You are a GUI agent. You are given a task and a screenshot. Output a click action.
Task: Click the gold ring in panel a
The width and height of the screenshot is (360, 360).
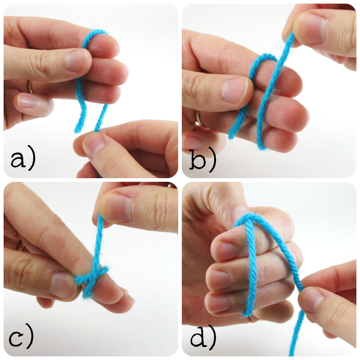(30, 86)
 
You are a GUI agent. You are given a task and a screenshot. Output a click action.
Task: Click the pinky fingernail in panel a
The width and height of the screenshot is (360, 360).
(26, 101)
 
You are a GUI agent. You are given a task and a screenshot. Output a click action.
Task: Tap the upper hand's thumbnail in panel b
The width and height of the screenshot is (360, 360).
(310, 28)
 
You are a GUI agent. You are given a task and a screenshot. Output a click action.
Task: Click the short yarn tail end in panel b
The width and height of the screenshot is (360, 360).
(231, 135)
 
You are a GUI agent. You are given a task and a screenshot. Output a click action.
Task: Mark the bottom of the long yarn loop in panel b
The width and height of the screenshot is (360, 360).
(262, 148)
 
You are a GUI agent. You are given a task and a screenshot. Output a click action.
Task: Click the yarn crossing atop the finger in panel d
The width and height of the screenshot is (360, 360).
(249, 219)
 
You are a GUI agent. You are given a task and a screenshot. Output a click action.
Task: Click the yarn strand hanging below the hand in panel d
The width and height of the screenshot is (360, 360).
(296, 333)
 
